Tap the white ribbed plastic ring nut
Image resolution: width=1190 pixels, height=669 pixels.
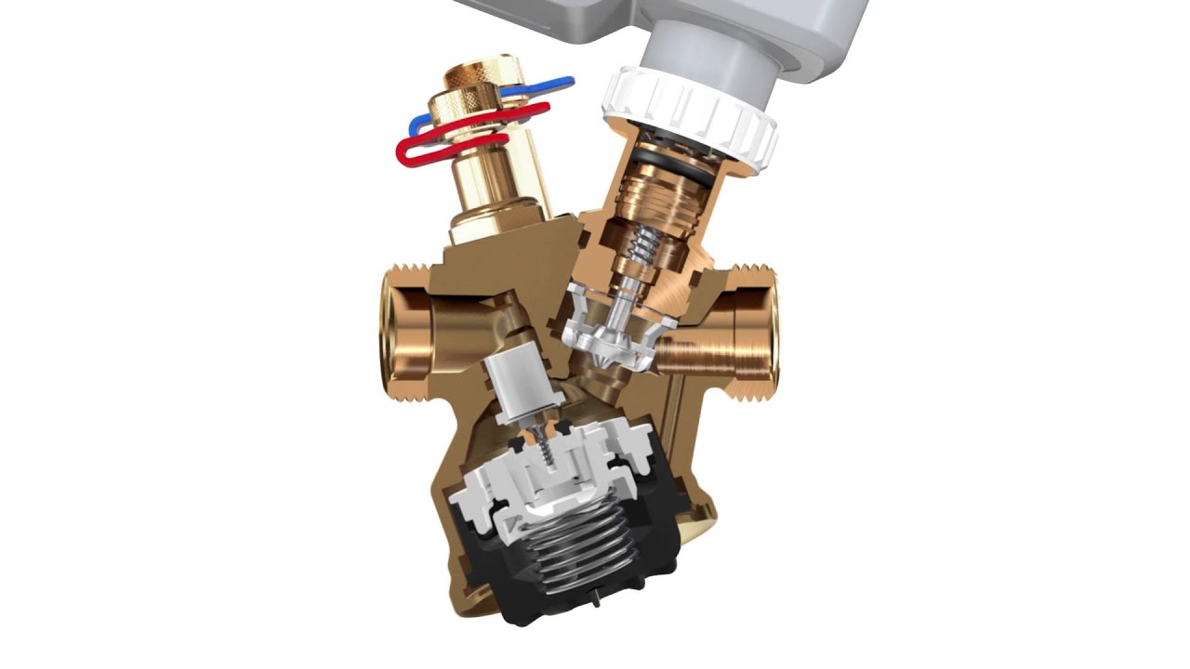coord(688,115)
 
